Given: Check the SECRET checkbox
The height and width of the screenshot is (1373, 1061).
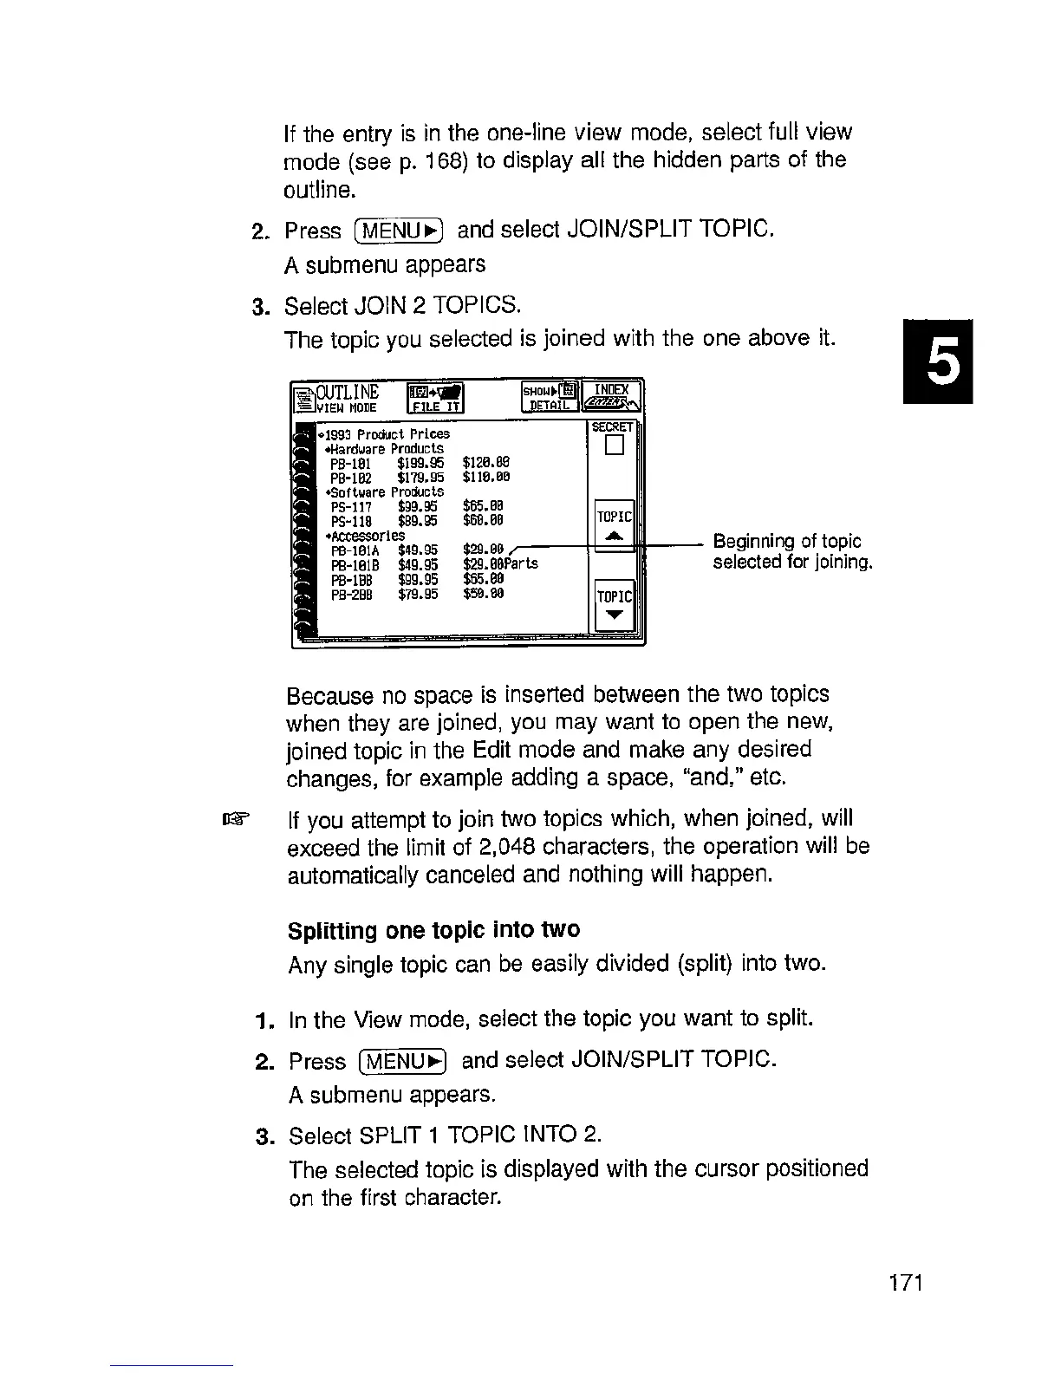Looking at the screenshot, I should click(x=615, y=446).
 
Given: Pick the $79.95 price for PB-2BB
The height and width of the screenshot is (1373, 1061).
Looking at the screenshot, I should click(x=418, y=594).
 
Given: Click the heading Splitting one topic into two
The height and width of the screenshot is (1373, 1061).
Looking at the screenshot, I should click(x=433, y=930).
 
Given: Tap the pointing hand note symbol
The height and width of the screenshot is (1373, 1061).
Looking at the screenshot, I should click(x=235, y=818).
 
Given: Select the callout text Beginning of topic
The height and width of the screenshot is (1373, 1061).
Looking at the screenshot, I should click(x=786, y=542).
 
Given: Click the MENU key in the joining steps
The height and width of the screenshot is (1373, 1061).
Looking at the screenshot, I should click(x=399, y=231).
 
